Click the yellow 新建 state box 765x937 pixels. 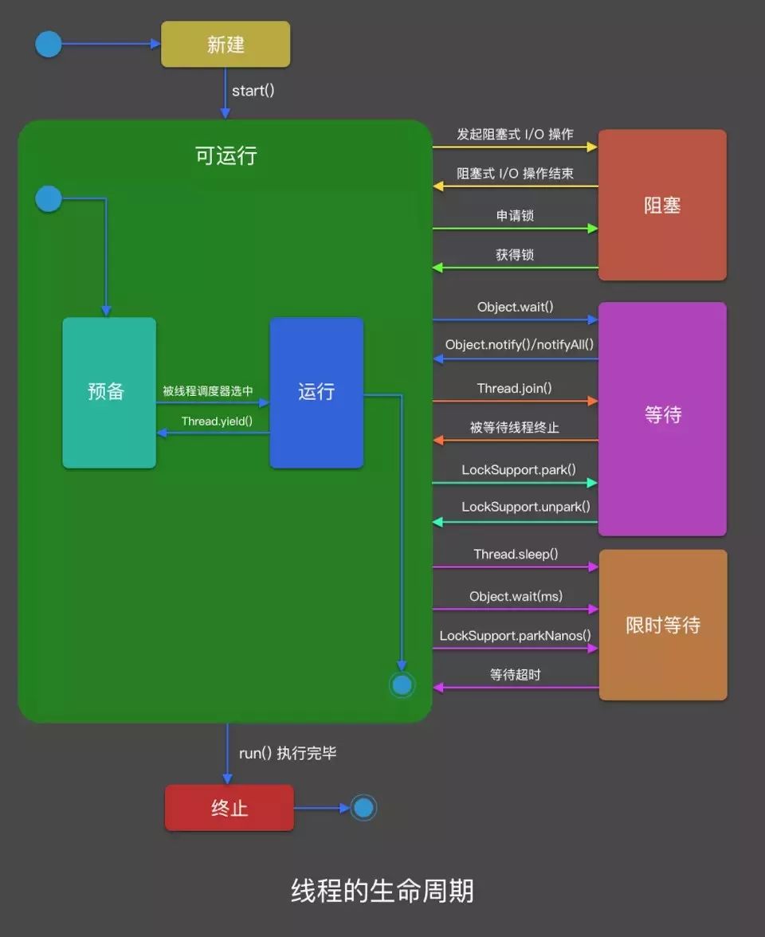226,45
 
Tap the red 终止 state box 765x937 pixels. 229,808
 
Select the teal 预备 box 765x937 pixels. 109,392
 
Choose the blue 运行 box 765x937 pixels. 316,392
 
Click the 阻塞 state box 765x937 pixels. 662,205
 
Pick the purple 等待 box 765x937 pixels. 662,415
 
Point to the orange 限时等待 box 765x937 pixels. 663,625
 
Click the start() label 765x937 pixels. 253,90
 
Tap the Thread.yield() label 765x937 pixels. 217,421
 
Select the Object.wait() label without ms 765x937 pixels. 515,307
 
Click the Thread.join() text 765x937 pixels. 515,389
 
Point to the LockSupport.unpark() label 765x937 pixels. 526,507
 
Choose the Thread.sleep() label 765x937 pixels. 516,554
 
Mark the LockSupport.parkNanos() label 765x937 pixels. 516,635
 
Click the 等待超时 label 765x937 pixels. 516,675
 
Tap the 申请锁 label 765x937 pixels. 515,216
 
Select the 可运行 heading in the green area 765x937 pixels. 226,155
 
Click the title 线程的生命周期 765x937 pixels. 382,891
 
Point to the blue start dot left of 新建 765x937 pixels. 49,45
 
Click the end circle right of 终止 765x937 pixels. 363,808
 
